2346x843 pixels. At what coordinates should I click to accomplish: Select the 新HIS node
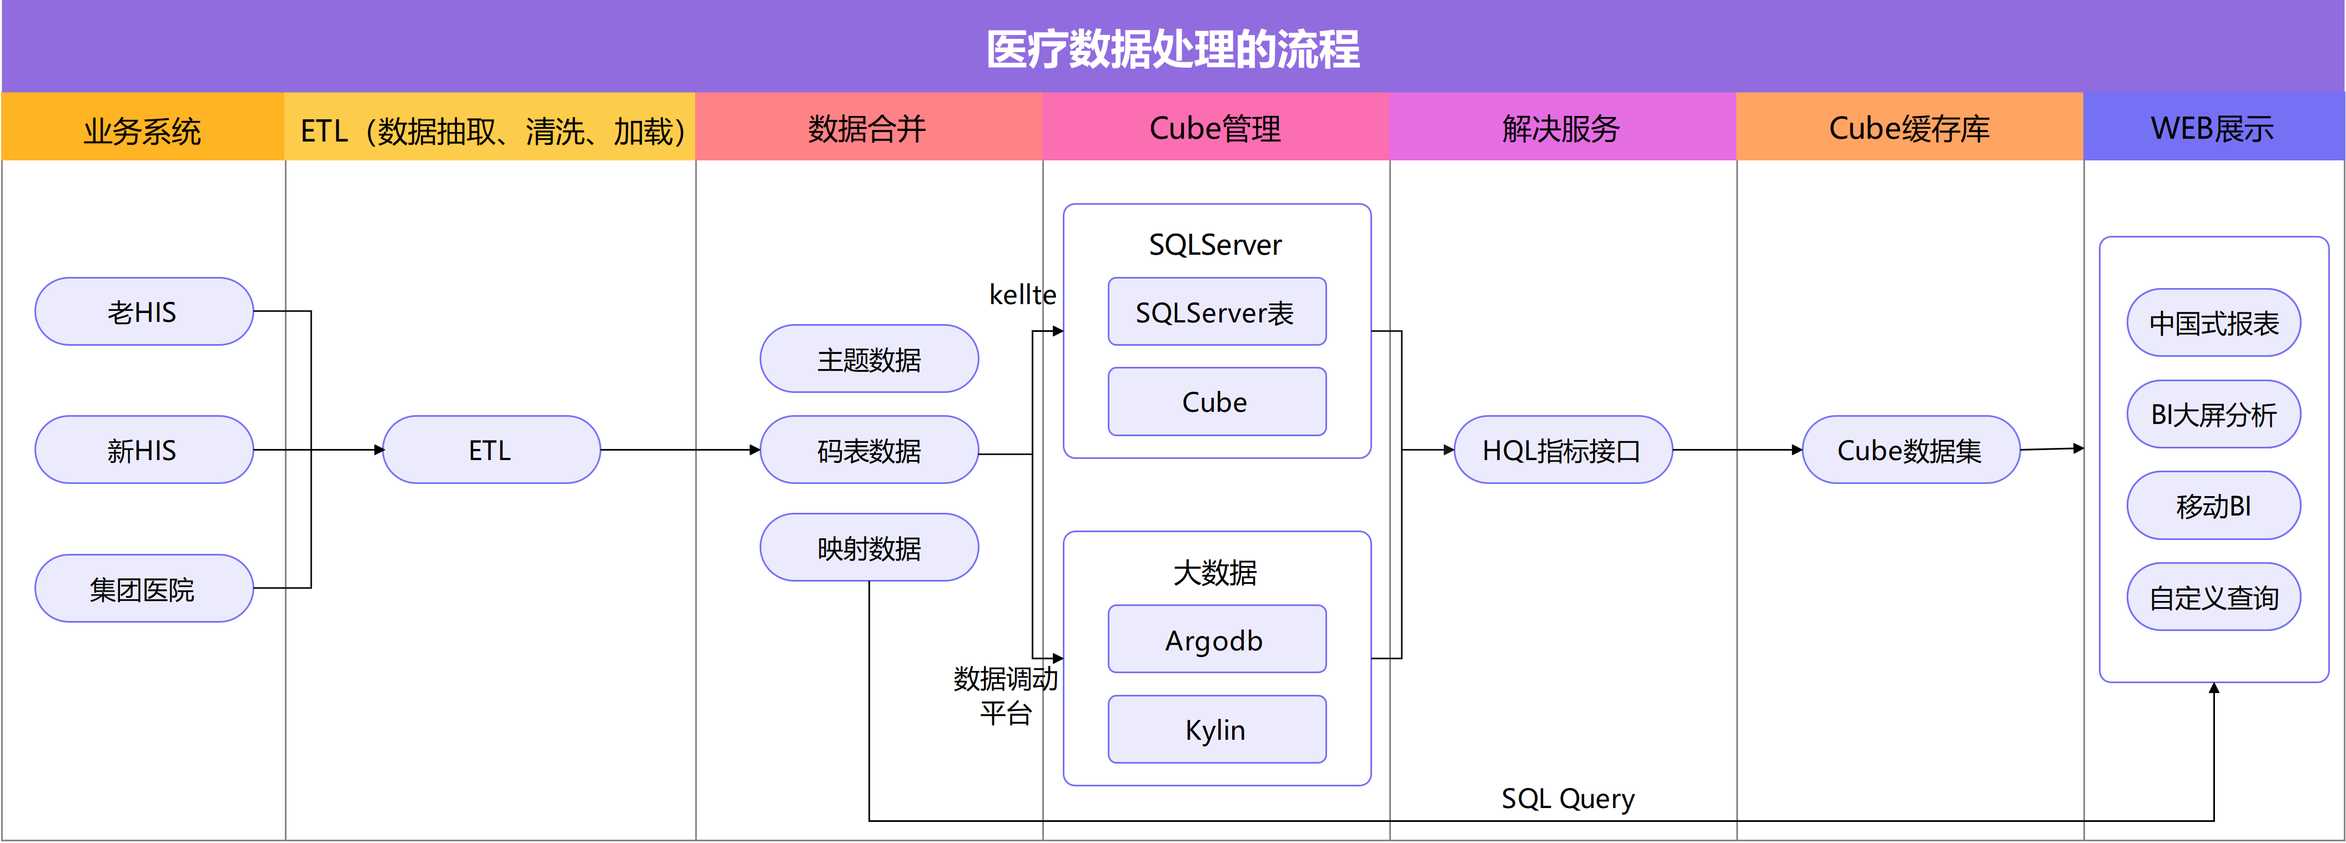tap(143, 450)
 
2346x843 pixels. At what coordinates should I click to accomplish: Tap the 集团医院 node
tap(143, 589)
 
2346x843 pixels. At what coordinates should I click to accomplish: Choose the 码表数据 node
tap(869, 450)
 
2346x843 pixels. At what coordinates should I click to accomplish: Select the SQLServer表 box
tap(1216, 312)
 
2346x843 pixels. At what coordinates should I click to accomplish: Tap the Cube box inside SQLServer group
tap(1216, 401)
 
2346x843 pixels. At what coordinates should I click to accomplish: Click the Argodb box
tap(1216, 640)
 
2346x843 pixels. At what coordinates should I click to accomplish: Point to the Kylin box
tap(1216, 729)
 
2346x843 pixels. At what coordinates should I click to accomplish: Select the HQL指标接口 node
tap(1562, 450)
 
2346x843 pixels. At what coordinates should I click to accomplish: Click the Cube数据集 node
tap(1910, 450)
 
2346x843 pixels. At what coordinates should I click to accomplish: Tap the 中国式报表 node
tap(2213, 323)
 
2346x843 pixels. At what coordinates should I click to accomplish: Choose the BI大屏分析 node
tap(2213, 414)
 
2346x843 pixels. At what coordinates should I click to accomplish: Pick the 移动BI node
tap(2213, 505)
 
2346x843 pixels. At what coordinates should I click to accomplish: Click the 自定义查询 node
tap(2213, 597)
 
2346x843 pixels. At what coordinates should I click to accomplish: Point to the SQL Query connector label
tap(1568, 799)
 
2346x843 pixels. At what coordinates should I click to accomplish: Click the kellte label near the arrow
tap(1022, 294)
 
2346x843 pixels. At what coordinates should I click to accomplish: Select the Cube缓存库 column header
tap(1909, 128)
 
